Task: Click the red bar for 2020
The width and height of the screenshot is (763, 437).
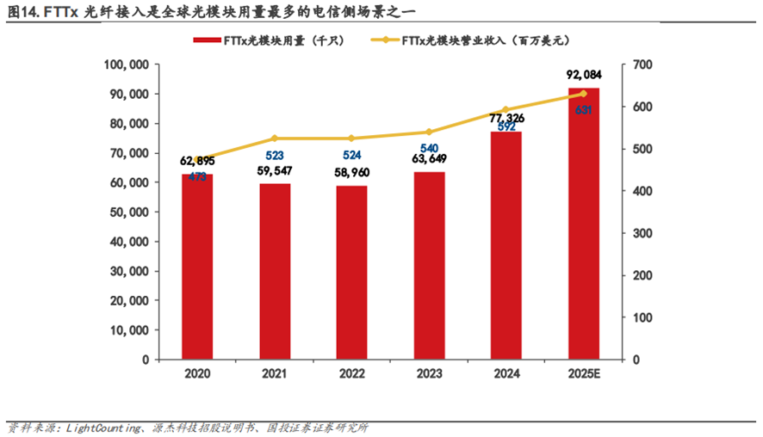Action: (x=197, y=267)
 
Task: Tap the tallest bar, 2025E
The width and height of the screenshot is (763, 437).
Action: (x=584, y=224)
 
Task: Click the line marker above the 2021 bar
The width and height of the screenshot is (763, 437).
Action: (x=275, y=138)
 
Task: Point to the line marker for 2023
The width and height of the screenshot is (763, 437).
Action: (x=429, y=132)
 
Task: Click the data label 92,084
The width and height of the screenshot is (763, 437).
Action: (x=583, y=77)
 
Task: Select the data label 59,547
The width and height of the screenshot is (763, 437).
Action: (x=275, y=172)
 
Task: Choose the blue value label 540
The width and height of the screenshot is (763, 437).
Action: (x=429, y=149)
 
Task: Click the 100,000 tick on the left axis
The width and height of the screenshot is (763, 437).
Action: (x=126, y=65)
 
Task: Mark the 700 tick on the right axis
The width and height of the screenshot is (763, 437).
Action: (x=642, y=65)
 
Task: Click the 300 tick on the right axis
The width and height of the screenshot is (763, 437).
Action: (x=642, y=233)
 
